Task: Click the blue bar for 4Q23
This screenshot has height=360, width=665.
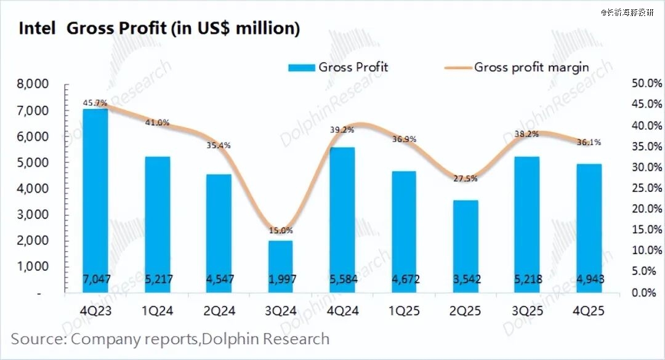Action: tap(95, 197)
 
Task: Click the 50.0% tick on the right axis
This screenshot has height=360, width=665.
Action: tap(643, 84)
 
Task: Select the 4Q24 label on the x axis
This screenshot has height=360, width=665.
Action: tap(342, 311)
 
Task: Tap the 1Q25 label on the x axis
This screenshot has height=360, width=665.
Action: tap(405, 311)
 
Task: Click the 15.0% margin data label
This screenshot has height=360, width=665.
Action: tap(281, 231)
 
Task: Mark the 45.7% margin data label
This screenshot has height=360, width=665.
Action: tap(95, 102)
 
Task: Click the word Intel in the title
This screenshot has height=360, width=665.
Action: tap(38, 28)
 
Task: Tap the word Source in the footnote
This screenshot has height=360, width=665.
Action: tap(38, 338)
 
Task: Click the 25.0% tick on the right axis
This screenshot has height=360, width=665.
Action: tap(643, 188)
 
